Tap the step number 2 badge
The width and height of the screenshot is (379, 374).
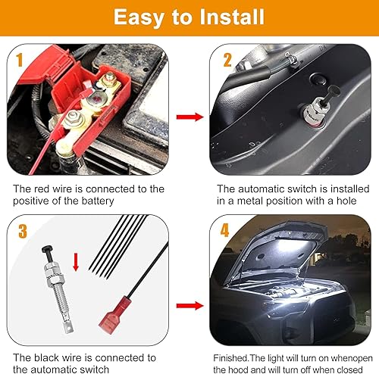pyautogui.click(x=225, y=58)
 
